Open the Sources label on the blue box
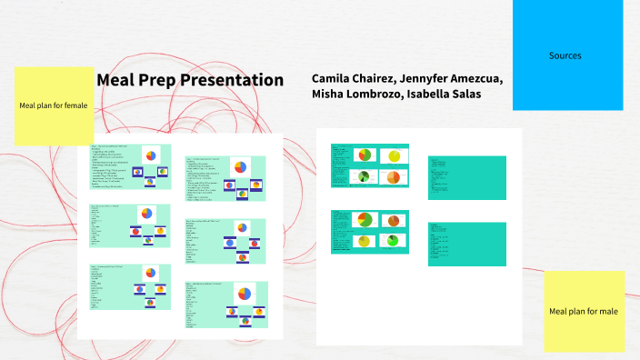(565, 55)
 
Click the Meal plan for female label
(54, 105)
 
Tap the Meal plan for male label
(584, 312)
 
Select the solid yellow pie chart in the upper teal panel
(394, 156)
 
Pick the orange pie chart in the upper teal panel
(393, 177)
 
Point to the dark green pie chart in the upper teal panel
(363, 176)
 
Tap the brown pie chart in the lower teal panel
(394, 220)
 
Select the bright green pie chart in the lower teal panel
(393, 241)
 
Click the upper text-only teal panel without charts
(466, 177)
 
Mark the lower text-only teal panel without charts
(466, 244)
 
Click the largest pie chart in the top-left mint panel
(150, 155)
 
